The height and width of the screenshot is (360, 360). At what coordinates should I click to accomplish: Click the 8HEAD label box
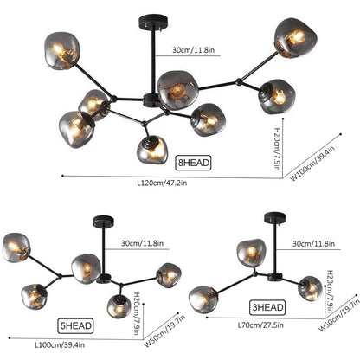[193, 163]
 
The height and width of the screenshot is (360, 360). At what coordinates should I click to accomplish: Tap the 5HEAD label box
[75, 325]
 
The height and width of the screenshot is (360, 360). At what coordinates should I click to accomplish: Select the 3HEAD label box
[267, 307]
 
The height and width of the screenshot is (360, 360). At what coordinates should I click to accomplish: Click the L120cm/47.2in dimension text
[162, 183]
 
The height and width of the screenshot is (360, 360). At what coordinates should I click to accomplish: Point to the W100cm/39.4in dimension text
[312, 164]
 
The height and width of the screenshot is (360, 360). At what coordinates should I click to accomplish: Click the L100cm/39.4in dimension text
[60, 344]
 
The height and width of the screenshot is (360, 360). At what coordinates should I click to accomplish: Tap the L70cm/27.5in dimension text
[260, 325]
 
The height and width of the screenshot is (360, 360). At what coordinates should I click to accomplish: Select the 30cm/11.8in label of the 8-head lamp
[194, 49]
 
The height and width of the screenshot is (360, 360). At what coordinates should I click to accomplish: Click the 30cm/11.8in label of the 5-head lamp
[142, 243]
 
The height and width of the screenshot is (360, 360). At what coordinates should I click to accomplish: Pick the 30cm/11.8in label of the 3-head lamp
[314, 244]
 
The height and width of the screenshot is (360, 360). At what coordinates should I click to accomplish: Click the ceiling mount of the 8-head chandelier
[153, 21]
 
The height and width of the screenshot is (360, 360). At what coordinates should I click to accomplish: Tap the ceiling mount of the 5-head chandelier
[103, 222]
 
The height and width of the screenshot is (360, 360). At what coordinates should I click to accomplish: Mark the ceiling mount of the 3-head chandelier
[274, 218]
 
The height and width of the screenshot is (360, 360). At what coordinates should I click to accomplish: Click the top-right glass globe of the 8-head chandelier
[295, 38]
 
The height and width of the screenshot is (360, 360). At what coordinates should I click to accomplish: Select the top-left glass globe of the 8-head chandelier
[61, 51]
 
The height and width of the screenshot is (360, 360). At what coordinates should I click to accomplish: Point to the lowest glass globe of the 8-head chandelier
[152, 150]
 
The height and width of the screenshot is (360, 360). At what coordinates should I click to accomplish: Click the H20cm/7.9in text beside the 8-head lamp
[277, 149]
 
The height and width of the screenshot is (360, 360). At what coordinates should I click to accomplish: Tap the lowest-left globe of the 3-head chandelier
[203, 299]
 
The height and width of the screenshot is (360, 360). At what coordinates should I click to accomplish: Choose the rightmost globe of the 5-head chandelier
[169, 275]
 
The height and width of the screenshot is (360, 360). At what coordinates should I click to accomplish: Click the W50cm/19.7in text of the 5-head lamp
[164, 331]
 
